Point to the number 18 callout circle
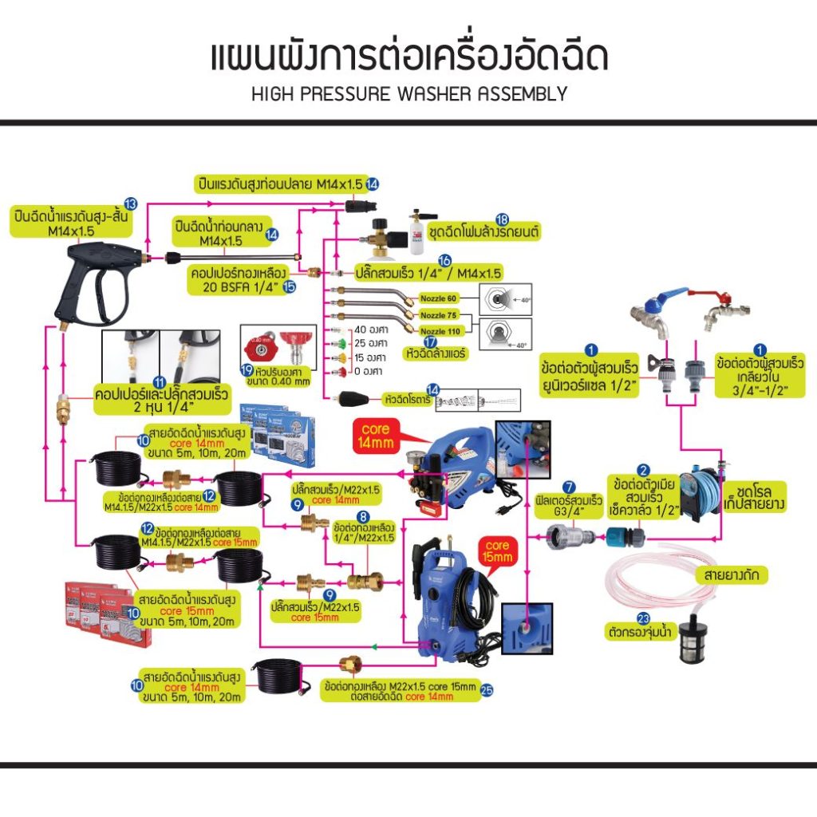(502, 219)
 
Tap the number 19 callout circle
(247, 372)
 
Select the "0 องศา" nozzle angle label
(367, 372)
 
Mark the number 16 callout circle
(445, 261)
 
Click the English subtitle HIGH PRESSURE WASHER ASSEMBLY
(408, 94)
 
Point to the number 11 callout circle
(159, 382)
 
